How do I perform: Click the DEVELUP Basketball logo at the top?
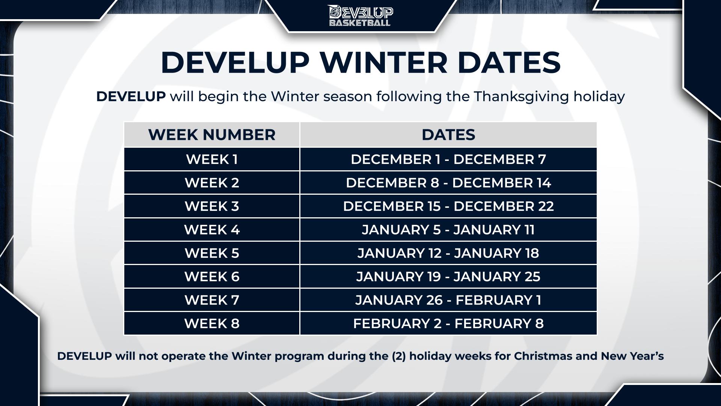pyautogui.click(x=360, y=15)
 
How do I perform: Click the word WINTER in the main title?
pyautogui.click(x=384, y=62)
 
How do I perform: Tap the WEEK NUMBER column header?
pyautogui.click(x=212, y=135)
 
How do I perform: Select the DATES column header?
pyautogui.click(x=448, y=135)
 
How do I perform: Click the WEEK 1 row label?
pyautogui.click(x=212, y=159)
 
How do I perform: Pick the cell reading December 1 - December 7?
pyautogui.click(x=448, y=159)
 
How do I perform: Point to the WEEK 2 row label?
pyautogui.click(x=212, y=183)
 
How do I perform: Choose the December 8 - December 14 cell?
pyautogui.click(x=448, y=183)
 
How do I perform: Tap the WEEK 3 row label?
pyautogui.click(x=212, y=206)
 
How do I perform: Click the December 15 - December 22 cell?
pyautogui.click(x=448, y=206)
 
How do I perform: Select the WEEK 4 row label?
pyautogui.click(x=212, y=230)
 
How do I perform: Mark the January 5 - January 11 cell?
pyautogui.click(x=448, y=230)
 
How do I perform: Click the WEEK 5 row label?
pyautogui.click(x=212, y=253)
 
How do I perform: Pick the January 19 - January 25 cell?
pyautogui.click(x=448, y=277)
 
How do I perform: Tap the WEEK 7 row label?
pyautogui.click(x=212, y=300)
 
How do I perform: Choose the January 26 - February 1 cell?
pyautogui.click(x=448, y=300)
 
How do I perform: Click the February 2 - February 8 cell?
pyautogui.click(x=448, y=324)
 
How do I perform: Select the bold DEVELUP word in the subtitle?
pyautogui.click(x=131, y=97)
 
